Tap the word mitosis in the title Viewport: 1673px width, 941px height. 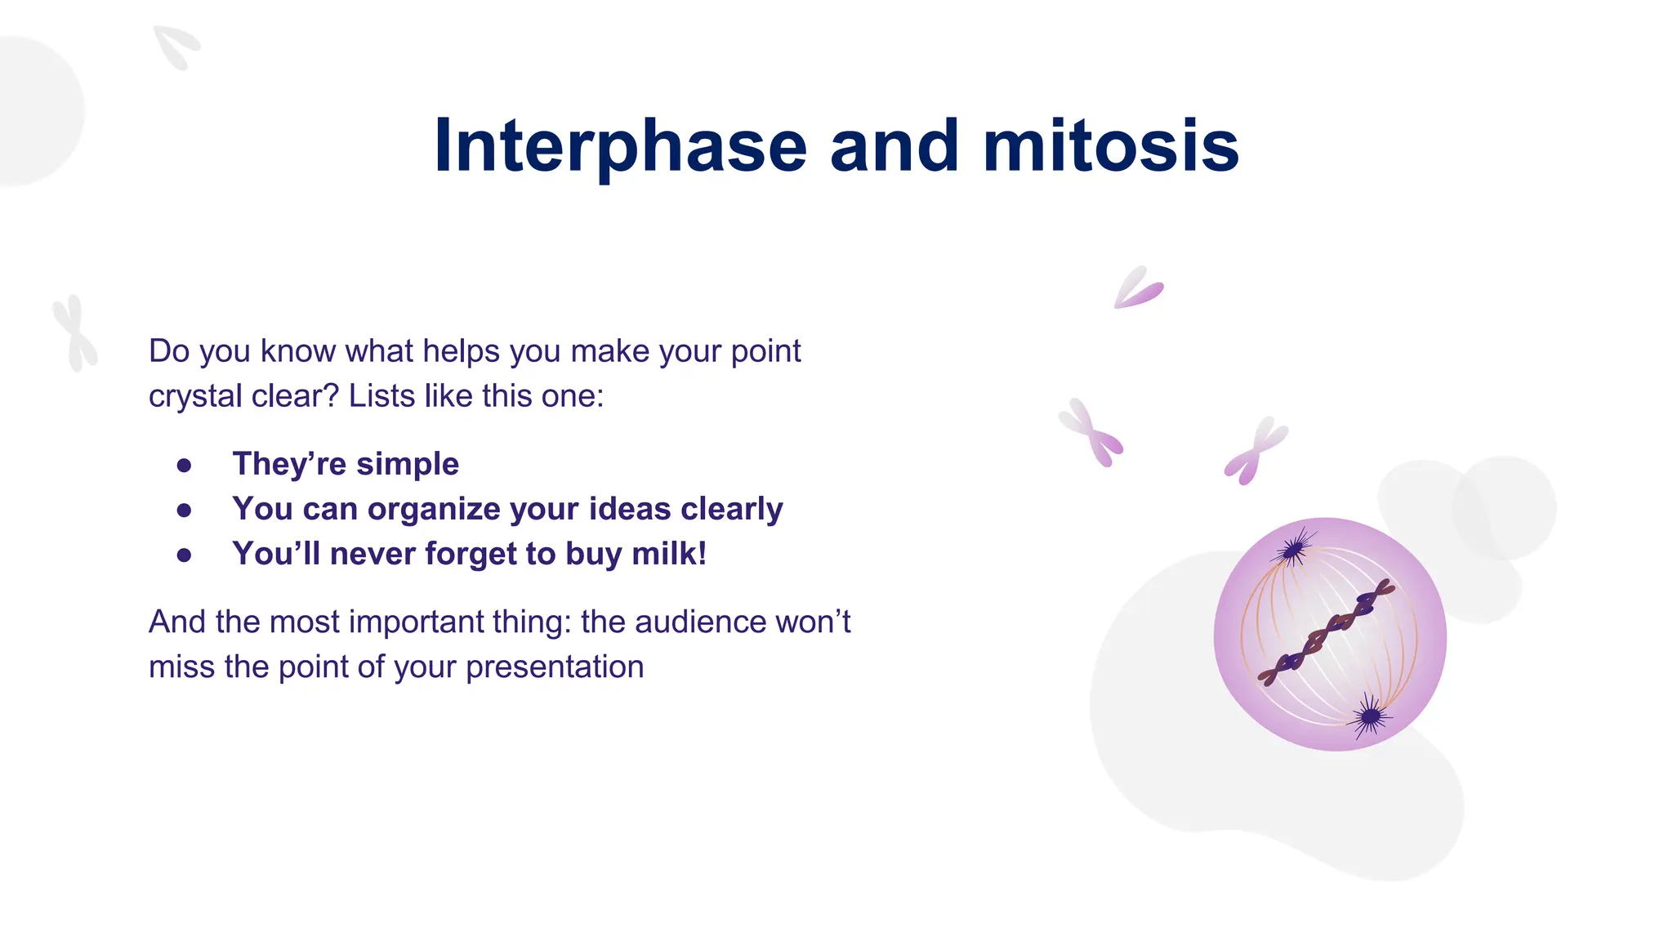coord(1111,147)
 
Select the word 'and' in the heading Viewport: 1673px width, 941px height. coord(894,147)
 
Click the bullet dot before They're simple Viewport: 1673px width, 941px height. coord(184,466)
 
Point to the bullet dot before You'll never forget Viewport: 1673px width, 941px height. coord(184,555)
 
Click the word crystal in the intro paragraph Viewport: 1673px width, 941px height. coord(195,397)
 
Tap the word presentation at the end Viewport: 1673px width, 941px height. coord(555,667)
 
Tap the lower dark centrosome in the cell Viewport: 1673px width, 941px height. coord(1370,717)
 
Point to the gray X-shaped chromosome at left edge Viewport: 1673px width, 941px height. coord(75,333)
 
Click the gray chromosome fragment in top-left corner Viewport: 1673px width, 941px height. coord(176,47)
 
